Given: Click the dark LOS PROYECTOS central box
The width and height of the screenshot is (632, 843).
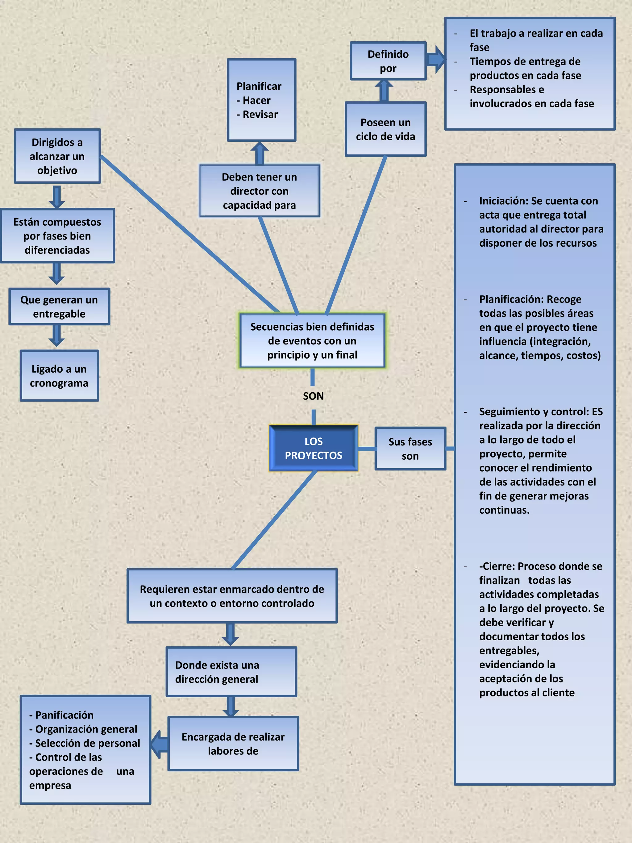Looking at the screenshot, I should click(x=313, y=448).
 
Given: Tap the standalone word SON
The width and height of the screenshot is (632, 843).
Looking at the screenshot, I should click(x=313, y=396).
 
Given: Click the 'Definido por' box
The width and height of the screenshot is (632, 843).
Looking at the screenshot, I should click(x=388, y=61).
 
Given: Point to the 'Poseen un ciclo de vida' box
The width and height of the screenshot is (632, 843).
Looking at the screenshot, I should click(x=385, y=129).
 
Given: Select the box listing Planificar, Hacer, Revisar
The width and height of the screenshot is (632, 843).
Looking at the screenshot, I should click(x=261, y=100).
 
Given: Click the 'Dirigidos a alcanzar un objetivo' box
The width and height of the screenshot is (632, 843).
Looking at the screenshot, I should click(x=57, y=156).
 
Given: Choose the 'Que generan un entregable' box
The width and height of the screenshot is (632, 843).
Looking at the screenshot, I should click(x=59, y=307).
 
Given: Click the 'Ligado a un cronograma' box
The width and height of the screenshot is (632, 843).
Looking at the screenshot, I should click(x=59, y=376).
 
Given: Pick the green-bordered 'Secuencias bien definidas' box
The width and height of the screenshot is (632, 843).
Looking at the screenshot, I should click(x=312, y=340).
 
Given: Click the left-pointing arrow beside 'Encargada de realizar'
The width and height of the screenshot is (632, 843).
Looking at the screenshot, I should click(x=159, y=744).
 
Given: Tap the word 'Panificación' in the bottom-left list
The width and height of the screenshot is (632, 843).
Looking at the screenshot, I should click(x=64, y=715).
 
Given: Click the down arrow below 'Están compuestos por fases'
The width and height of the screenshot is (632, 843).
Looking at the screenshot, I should click(x=56, y=273).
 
